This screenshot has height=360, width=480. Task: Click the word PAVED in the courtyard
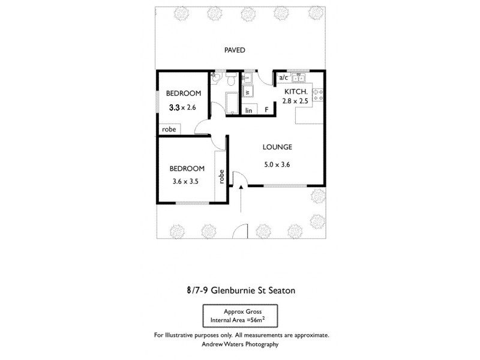235,50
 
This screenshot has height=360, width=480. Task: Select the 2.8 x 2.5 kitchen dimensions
295,101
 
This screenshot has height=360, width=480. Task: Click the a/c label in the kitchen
284,78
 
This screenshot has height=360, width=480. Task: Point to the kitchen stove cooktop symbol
318,94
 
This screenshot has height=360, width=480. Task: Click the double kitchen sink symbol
299,78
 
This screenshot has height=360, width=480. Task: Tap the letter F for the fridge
266,110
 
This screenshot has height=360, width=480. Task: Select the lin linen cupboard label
248,110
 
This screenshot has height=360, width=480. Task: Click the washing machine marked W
247,92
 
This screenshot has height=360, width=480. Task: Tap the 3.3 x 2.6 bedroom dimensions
183,108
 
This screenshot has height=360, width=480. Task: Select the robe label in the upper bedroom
169,128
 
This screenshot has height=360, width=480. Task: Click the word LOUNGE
277,146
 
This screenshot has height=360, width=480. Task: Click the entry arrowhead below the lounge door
241,188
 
